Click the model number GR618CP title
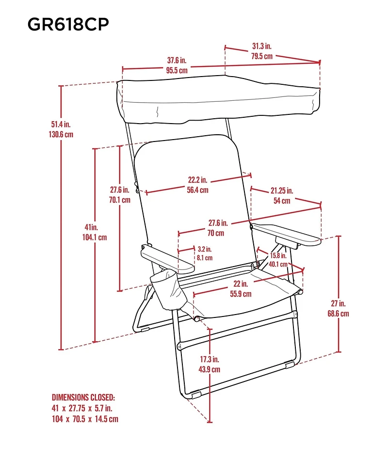[68, 24]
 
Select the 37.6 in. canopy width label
[177, 61]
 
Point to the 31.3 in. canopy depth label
[262, 47]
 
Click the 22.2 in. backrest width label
[198, 180]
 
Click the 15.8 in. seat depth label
[279, 255]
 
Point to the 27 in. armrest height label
[338, 304]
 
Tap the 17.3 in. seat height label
[210, 360]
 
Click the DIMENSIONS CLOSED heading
[83, 397]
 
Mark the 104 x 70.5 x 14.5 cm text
[85, 419]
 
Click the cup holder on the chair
[169, 292]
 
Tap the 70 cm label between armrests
[216, 233]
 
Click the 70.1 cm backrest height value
[119, 199]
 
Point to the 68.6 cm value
[338, 314]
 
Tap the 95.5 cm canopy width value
[177, 70]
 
